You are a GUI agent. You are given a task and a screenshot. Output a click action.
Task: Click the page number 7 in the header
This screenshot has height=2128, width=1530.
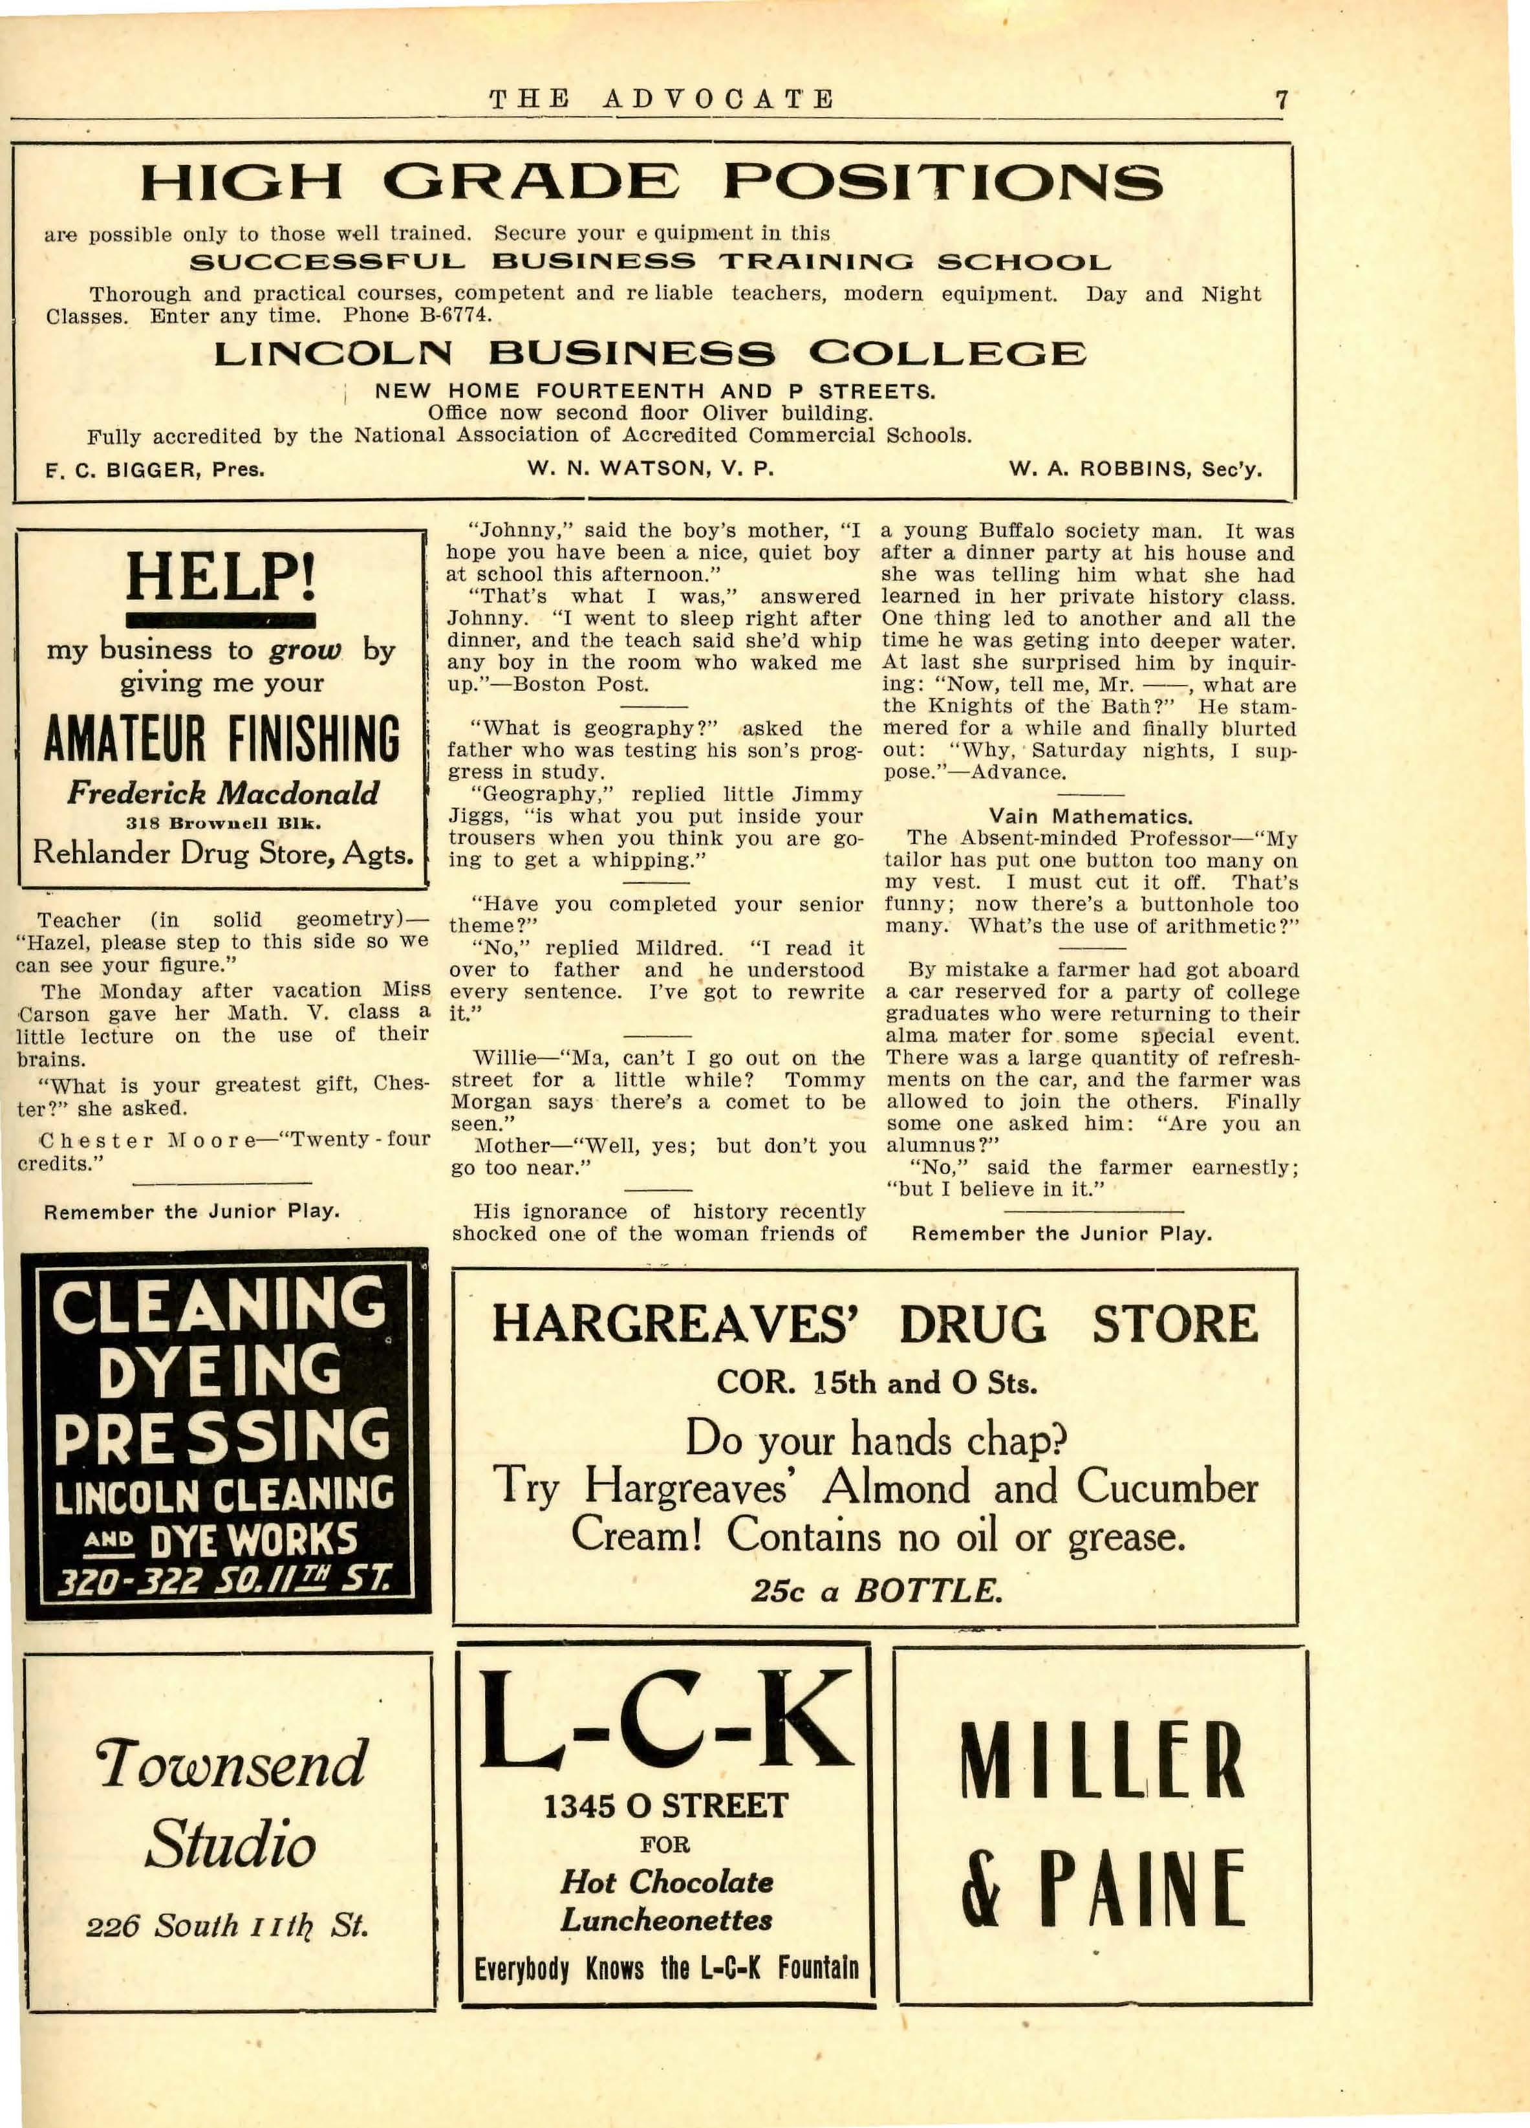coord(1282,100)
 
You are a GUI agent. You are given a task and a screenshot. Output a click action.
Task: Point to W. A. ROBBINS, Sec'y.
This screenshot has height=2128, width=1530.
coord(1135,469)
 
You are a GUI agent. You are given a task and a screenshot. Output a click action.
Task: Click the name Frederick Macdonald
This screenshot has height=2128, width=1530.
coord(222,794)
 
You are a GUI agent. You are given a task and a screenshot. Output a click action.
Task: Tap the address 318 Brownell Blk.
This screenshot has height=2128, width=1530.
coord(223,824)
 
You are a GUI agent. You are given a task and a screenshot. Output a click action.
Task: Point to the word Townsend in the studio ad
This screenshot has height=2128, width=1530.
coord(231,1764)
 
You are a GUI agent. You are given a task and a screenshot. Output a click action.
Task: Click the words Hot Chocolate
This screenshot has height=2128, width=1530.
coord(667,1881)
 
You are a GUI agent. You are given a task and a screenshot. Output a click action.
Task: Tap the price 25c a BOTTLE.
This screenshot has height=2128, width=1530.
coord(876,1591)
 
